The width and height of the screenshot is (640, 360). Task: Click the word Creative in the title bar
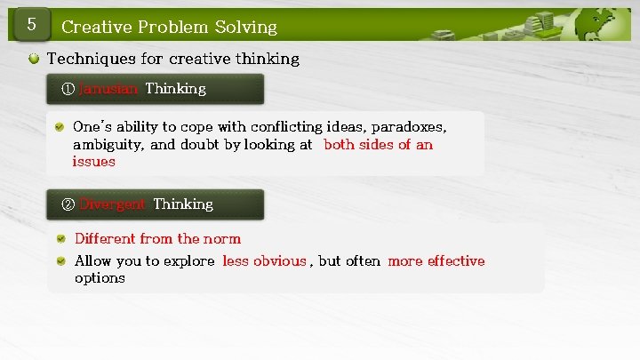tap(94, 27)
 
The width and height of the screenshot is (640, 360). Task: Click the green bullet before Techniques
tap(34, 60)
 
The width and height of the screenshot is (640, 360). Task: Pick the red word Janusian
tap(108, 89)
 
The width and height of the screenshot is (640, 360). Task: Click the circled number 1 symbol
tap(68, 89)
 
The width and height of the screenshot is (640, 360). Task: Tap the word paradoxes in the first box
tap(409, 127)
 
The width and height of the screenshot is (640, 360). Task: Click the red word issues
tap(93, 162)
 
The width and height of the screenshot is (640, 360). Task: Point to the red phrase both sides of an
tap(378, 145)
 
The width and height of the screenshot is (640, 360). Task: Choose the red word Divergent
tap(113, 204)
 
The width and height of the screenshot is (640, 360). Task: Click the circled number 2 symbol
tap(68, 204)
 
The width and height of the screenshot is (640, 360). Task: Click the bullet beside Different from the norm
tap(60, 238)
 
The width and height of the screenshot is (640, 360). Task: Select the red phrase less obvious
tap(264, 261)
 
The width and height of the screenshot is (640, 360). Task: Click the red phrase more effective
tap(436, 261)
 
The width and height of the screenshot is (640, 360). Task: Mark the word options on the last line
tap(100, 278)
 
